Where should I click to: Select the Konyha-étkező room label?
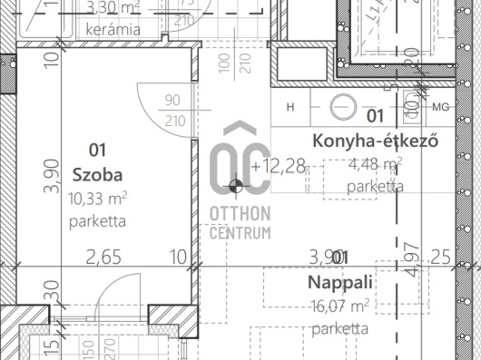[x=375, y=141]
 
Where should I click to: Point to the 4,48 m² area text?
[x=375, y=164]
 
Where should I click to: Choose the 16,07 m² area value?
[x=340, y=306]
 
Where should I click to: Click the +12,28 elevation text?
[x=280, y=166]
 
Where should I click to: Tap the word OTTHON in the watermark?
[x=240, y=215]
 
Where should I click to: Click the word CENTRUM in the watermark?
[x=240, y=234]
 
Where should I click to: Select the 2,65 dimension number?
[x=103, y=258]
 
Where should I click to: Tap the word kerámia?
[x=113, y=29]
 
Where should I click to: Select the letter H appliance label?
[x=290, y=107]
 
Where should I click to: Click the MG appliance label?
[x=441, y=107]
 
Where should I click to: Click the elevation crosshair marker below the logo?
[x=237, y=187]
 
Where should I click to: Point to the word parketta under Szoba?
[x=96, y=220]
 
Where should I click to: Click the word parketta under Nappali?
[x=339, y=329]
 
